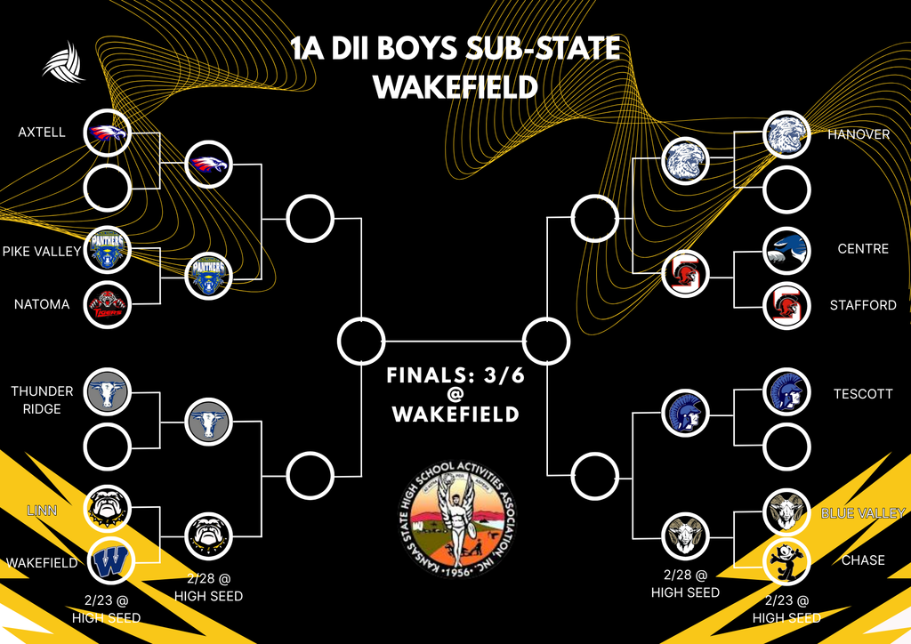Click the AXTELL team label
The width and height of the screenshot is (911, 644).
(42, 133)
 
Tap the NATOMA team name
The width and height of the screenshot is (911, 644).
(42, 304)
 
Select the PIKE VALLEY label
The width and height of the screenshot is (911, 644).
(41, 252)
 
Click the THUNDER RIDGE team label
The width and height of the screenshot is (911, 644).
(42, 399)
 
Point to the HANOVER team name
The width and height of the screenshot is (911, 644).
(858, 134)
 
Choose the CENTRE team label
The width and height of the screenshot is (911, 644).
(863, 248)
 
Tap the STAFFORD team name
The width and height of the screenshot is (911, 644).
(862, 305)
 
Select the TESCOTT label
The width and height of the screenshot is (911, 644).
(862, 393)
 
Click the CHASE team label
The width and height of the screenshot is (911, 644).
(862, 560)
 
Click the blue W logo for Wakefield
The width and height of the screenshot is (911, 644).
(108, 562)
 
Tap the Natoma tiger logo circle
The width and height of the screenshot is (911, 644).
(108, 305)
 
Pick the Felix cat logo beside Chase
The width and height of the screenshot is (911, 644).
(787, 562)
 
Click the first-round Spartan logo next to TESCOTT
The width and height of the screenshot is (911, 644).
(787, 392)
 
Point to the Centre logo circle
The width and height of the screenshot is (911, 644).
(787, 250)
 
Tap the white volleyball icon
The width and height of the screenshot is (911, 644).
(63, 61)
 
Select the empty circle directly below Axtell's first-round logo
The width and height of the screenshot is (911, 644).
(108, 188)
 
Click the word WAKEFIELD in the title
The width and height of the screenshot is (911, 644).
(455, 87)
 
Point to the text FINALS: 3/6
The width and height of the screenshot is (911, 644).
(455, 376)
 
